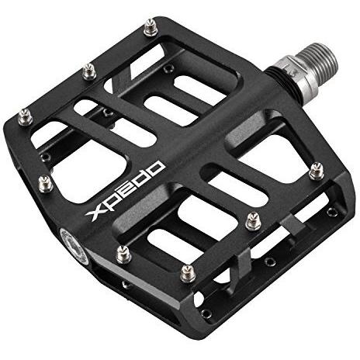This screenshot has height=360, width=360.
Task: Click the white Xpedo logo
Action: point(125,192)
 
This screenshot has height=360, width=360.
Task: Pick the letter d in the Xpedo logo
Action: point(141,178)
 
